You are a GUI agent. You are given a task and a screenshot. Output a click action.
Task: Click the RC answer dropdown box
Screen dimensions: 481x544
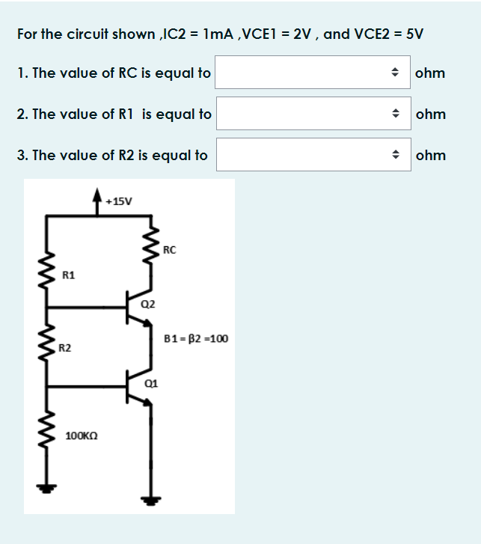click(x=315, y=73)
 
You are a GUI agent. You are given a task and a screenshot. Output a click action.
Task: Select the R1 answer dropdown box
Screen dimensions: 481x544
click(x=315, y=114)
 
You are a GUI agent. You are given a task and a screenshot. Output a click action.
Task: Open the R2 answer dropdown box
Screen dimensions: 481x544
click(x=315, y=155)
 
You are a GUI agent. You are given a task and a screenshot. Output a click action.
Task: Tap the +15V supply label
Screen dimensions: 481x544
click(x=119, y=201)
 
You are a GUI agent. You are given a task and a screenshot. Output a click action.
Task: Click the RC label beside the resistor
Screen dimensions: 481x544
click(x=169, y=250)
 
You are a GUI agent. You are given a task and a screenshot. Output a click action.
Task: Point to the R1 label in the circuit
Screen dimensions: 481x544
click(x=68, y=275)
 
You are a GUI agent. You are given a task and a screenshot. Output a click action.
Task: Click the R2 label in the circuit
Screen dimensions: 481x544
click(x=66, y=348)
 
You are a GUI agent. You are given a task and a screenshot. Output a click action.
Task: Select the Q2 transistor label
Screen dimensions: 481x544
click(x=147, y=304)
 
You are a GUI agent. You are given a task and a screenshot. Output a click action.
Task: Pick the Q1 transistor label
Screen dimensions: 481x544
click(x=150, y=383)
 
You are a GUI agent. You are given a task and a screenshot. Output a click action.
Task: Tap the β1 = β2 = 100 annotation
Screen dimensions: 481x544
click(x=196, y=338)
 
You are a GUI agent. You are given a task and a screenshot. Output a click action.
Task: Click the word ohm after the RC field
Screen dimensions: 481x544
click(x=430, y=73)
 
